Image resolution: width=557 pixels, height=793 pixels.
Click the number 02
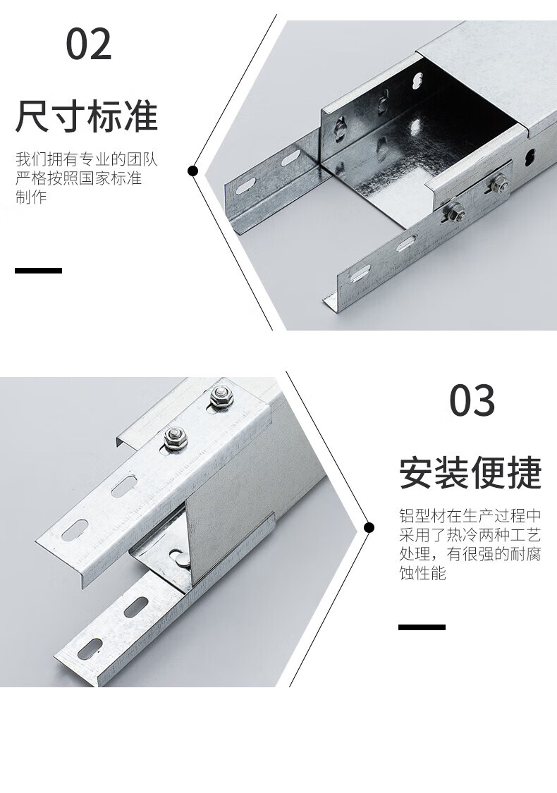(x=89, y=44)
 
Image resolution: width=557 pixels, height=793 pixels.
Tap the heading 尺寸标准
(x=87, y=116)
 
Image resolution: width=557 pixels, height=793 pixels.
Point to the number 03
(x=472, y=400)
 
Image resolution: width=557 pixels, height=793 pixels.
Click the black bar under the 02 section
(x=39, y=271)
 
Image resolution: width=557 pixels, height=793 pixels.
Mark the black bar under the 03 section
(x=422, y=627)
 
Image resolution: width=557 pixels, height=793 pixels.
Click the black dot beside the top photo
(x=192, y=171)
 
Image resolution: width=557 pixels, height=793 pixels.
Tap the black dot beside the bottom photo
(x=369, y=528)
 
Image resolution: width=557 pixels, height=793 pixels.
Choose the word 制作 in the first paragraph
(x=31, y=197)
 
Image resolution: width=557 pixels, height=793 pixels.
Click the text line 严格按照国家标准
(x=78, y=178)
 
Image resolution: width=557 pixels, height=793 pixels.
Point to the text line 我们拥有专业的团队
(x=87, y=159)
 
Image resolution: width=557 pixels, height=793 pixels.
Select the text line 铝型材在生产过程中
(x=470, y=516)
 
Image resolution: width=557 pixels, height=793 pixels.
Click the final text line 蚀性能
(x=423, y=573)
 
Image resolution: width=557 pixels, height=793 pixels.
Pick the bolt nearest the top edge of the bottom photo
(x=221, y=396)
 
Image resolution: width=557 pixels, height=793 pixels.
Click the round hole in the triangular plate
(x=178, y=556)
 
